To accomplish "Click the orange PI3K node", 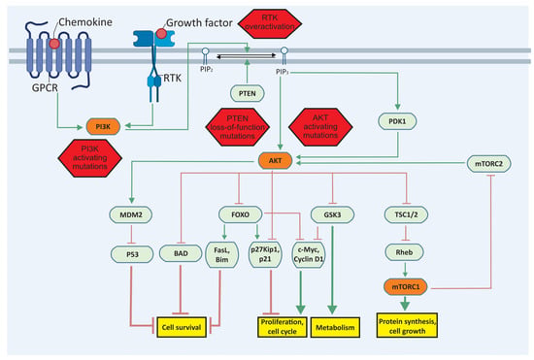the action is coord(103,126).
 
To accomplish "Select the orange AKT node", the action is coord(275,161).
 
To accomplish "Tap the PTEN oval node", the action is coord(248,93).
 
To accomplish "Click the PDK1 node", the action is coord(397,121).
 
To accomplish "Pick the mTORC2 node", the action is coord(488,164).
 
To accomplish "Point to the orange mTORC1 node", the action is coord(405,287).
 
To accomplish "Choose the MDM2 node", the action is coord(131,214).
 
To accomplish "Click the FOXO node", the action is coord(241,214).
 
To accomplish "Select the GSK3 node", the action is coord(332,214).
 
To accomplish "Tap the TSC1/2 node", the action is coord(406,214).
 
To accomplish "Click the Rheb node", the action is coord(404,252).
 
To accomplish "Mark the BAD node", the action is coord(181,253).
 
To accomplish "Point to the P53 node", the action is coord(132,254).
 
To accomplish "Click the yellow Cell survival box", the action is coord(182,327).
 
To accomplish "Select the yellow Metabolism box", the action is coord(335,327).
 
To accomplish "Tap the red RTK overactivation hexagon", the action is coord(269,22).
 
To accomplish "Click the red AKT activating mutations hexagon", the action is coord(320,126).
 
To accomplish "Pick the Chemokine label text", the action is coord(85,22).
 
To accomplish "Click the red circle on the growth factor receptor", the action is coord(161,34).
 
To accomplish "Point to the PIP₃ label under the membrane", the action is coord(283,72).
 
